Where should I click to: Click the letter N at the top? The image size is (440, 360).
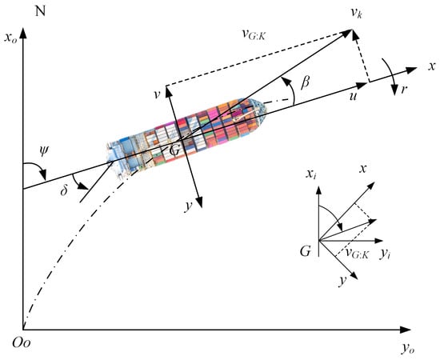coord(41,11)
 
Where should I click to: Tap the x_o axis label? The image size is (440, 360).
coord(10,38)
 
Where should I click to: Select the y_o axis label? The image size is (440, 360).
coord(409,348)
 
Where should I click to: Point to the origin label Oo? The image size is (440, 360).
coord(22,343)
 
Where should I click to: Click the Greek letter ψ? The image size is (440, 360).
coord(44,151)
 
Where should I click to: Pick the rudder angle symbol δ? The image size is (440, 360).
coord(64,190)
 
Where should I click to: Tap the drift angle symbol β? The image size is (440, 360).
coord(305,82)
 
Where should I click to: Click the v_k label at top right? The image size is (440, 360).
coord(356,13)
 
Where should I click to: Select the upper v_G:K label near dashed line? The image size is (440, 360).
coord(254,34)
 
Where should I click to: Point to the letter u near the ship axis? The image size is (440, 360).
coord(354,96)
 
